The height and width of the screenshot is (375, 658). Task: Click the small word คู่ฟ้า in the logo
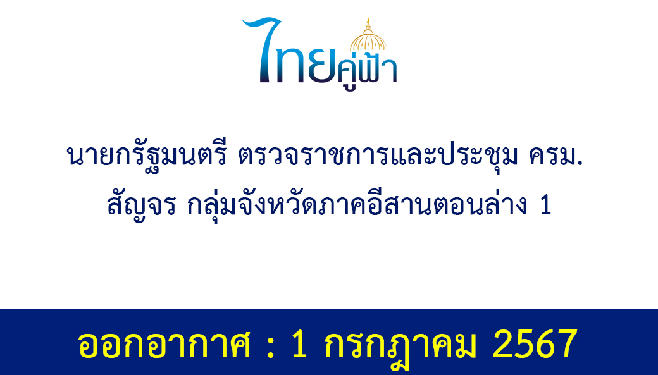368,71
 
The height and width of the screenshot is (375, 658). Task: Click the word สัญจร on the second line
141,206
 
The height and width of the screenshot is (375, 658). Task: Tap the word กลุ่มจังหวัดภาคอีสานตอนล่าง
357,206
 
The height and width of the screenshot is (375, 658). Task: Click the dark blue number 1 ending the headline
545,206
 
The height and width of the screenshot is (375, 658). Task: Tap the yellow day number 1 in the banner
300,344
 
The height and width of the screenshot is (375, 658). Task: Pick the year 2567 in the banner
535,344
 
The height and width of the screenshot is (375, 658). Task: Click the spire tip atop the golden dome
368,18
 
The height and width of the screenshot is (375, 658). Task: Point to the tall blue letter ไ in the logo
261,49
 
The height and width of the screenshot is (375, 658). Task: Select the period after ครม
580,164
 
